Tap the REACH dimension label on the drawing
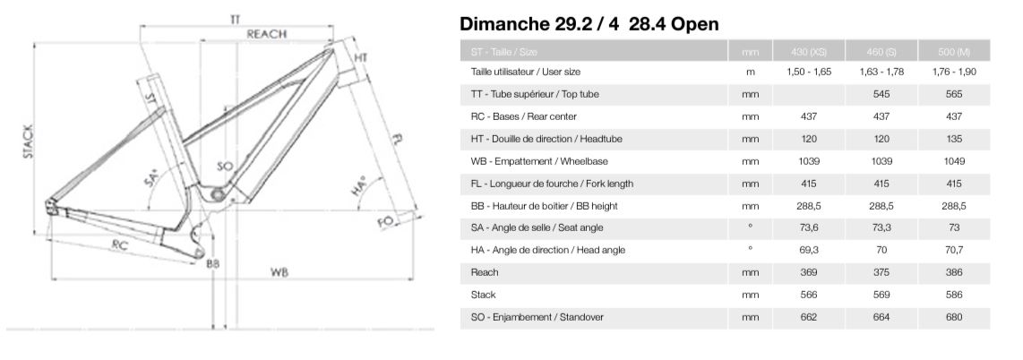pos(266,34)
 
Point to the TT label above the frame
pos(235,19)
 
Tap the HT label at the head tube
pos(361,58)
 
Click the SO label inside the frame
pos(226,167)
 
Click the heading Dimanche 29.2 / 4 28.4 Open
pos(589,24)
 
